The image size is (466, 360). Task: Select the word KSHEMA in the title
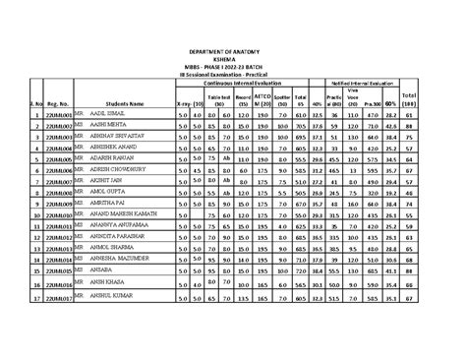[234, 58]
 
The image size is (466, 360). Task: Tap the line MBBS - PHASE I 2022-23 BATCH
[234, 66]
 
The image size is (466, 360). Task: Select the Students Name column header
[124, 102]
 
